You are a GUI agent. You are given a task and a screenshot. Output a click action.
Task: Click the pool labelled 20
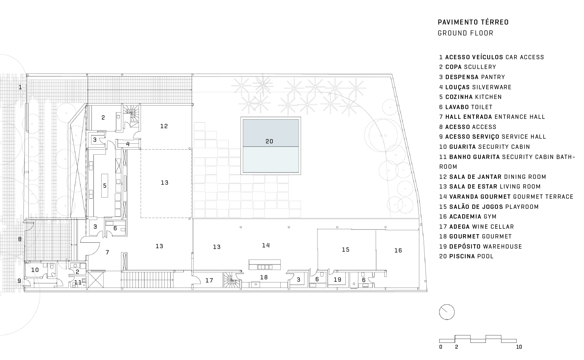tap(271, 146)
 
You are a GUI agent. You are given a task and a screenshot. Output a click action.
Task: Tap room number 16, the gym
tap(398, 251)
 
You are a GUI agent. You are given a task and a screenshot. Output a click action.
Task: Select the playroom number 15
tap(345, 250)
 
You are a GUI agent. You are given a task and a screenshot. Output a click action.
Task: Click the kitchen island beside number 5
tap(105, 185)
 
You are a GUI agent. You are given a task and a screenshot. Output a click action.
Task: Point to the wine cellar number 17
tap(209, 281)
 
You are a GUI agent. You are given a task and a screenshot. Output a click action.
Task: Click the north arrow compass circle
tap(447, 312)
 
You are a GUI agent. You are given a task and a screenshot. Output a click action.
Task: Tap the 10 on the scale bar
tap(519, 347)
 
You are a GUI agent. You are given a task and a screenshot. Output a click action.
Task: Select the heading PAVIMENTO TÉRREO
tap(473, 22)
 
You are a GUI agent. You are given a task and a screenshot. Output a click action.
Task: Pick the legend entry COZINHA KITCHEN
tap(471, 97)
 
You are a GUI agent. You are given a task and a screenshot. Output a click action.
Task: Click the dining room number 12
tap(164, 126)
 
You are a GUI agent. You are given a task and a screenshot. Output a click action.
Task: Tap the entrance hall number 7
tap(107, 252)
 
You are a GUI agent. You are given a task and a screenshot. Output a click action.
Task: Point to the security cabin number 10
tap(35, 270)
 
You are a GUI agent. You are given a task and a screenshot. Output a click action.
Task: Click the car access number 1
tap(20, 87)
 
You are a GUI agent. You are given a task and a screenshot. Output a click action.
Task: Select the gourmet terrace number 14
tap(266, 245)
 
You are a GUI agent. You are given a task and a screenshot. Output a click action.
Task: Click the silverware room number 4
tap(128, 144)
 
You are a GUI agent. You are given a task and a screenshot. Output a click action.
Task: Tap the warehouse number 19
tap(338, 280)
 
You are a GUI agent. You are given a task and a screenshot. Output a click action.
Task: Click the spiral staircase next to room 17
tap(231, 280)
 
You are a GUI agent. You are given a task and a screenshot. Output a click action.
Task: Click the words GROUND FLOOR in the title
tap(465, 33)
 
